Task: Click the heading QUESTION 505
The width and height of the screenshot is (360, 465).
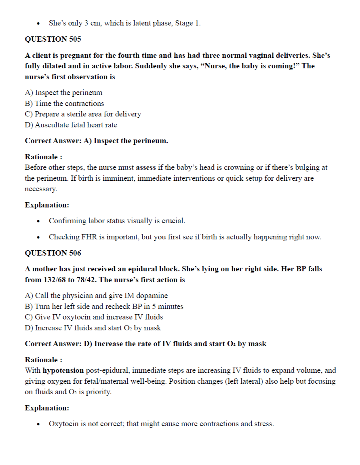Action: coord(53,39)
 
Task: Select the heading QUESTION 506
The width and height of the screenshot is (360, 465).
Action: coord(53,253)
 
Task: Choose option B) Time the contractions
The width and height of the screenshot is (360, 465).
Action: coord(64,104)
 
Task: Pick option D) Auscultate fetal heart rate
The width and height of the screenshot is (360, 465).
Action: coord(71,125)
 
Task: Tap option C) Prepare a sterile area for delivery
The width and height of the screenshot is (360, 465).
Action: coord(83,114)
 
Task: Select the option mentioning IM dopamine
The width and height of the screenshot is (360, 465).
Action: coord(96,296)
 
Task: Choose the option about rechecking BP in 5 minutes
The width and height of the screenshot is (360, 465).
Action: coord(104,306)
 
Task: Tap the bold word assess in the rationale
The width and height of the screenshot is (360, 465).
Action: coord(146,167)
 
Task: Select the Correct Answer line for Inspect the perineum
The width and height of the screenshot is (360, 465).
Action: coord(97,141)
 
